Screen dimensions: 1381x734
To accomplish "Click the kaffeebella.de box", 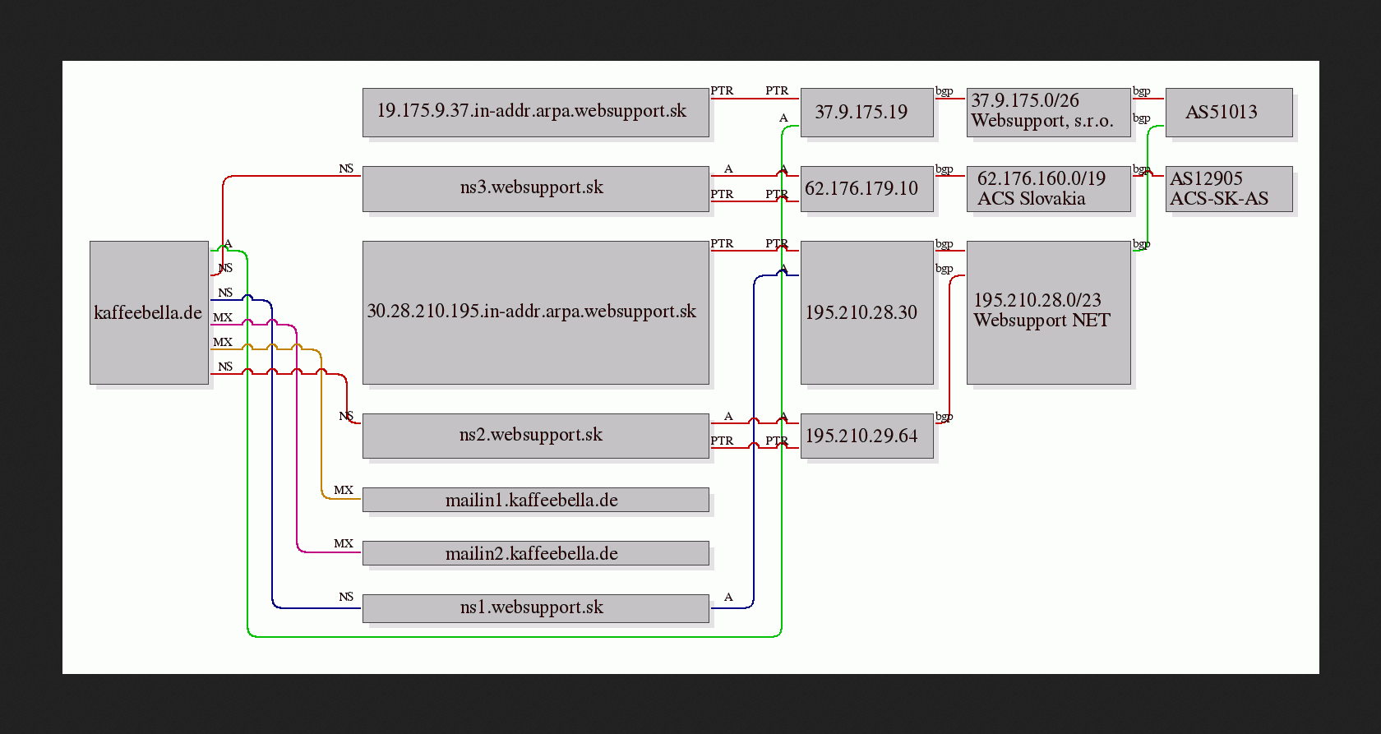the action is pos(150,312).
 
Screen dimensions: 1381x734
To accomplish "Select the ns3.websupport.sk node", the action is pos(536,188).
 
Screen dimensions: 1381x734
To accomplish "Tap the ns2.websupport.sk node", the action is pos(536,436).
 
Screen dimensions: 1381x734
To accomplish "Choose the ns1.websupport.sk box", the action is pos(536,608).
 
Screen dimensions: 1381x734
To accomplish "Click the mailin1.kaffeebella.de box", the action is pos(536,500).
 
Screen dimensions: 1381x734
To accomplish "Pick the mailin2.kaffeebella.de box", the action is pos(536,553).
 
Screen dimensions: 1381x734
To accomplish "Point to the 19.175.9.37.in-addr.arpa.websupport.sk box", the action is pos(536,112).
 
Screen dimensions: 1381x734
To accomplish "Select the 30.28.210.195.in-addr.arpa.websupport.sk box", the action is pos(536,312).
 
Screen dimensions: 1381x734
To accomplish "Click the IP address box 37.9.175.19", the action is pos(866,112).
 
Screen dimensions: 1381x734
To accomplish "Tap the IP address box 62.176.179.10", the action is pos(866,188).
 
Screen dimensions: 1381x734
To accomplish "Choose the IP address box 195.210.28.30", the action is pos(866,312).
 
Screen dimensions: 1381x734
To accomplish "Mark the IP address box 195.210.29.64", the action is pos(866,436).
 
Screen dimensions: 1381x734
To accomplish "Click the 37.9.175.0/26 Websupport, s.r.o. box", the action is pos(1049,112).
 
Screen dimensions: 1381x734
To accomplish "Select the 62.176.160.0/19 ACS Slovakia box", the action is pos(1049,188).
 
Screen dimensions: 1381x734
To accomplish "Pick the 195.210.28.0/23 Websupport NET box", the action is pos(1049,312).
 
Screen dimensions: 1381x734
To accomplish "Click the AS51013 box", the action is pos(1230,112).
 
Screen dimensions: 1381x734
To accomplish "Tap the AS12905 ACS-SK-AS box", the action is pos(1230,188).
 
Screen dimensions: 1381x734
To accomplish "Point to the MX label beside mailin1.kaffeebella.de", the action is pos(344,490).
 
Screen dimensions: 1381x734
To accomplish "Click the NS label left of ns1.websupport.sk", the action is pos(346,597).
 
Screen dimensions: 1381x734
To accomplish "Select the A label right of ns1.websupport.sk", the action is pos(728,597).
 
